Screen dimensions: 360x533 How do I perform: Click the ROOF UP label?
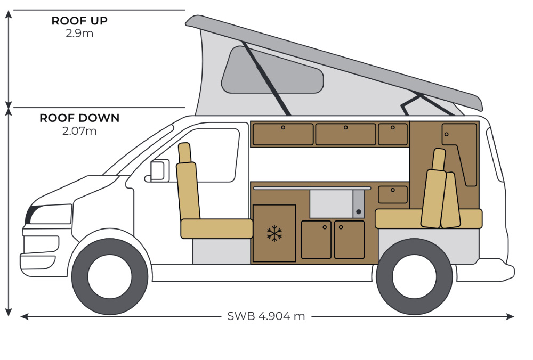pyautogui.click(x=79, y=21)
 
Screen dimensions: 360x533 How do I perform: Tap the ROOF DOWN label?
pyautogui.click(x=79, y=118)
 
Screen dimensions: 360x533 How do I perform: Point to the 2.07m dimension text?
pyautogui.click(x=79, y=130)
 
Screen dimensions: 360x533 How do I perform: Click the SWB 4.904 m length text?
pyautogui.click(x=266, y=316)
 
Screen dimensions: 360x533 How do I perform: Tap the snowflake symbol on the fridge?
pyautogui.click(x=274, y=233)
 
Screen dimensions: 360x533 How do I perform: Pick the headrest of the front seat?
pyautogui.click(x=184, y=153)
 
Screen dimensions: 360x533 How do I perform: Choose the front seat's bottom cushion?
pyautogui.click(x=216, y=228)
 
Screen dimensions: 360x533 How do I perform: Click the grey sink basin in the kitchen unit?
pyautogui.click(x=331, y=204)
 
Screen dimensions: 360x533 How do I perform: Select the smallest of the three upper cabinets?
pyautogui.click(x=393, y=134)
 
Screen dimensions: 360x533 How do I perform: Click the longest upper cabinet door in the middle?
pyautogui.click(x=345, y=134)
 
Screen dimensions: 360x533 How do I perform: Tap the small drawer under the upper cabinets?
pyautogui.click(x=392, y=194)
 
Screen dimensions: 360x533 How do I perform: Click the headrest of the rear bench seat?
pyautogui.click(x=439, y=159)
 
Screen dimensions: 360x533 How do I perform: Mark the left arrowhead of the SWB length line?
pyautogui.click(x=23, y=316)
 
